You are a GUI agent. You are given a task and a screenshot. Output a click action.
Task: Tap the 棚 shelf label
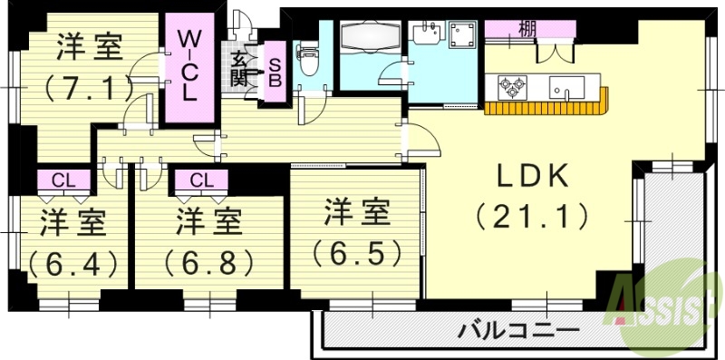point(526,29)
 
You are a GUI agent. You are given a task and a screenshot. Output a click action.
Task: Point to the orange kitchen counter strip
point(544,110)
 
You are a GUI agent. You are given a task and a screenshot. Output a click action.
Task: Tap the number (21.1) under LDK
point(531,217)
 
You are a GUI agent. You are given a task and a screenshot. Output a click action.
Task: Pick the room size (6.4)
point(72,263)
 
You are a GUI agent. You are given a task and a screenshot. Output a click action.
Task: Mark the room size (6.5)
point(357,250)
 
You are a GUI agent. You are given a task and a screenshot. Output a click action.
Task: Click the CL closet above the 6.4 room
point(63,179)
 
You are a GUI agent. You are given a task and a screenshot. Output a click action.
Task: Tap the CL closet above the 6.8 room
point(201,179)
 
